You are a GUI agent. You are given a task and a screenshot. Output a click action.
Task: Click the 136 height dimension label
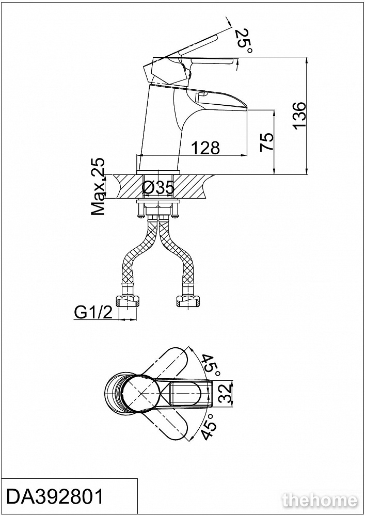pos(300,116)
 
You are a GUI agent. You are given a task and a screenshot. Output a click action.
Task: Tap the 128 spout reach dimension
pos(205,148)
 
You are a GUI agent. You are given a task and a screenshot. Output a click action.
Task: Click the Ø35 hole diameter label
pos(158,188)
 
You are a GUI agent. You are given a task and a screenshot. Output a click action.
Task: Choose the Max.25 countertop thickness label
pos(98,187)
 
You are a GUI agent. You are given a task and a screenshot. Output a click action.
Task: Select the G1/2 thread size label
pos(93,312)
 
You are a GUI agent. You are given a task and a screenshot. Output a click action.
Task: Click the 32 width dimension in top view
pos(226,393)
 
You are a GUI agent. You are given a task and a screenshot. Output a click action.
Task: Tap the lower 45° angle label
pos(210,426)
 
